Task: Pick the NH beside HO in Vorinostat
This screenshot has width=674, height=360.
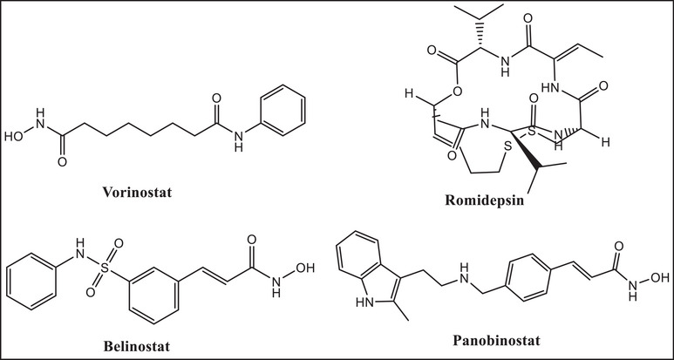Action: click(37, 112)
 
